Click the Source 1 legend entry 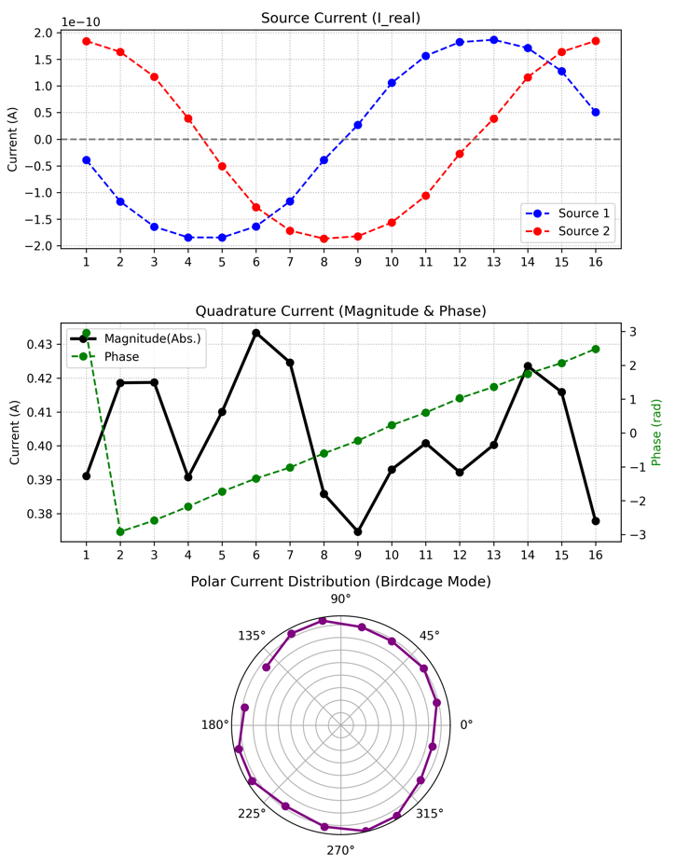point(567,213)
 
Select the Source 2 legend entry point(567,231)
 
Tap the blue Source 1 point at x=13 point(494,40)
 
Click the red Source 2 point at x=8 point(324,239)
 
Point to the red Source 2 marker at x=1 point(87,41)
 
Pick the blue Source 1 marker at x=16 point(596,112)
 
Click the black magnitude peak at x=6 point(256,333)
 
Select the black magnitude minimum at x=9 point(358,532)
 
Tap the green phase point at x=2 point(120,532)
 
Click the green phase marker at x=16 point(596,349)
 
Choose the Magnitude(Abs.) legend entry point(136,338)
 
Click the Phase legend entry point(105,357)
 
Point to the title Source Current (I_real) point(340,19)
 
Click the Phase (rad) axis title point(656,433)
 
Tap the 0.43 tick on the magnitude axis point(41,345)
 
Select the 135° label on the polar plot point(252,636)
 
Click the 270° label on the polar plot point(340,850)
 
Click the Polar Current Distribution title point(340,582)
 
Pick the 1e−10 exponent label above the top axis point(81,22)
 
